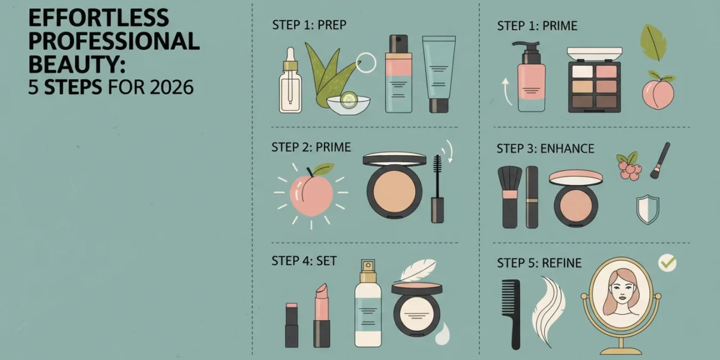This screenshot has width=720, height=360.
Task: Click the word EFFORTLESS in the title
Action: pos(98,18)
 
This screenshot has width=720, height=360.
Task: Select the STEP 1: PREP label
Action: pos(309,25)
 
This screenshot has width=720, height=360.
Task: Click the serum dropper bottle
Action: pos(290,80)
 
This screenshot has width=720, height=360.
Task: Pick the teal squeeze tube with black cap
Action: pos(439,74)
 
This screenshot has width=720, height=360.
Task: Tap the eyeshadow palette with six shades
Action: pos(595,80)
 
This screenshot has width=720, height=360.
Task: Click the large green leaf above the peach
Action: pos(653,43)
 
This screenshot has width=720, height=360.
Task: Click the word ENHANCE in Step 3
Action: pos(568,149)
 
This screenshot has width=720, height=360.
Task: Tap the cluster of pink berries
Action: pos(629,167)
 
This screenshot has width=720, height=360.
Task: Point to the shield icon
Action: pos(647,209)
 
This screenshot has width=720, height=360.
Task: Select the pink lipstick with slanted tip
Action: pos(322,315)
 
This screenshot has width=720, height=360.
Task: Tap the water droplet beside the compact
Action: pos(443,334)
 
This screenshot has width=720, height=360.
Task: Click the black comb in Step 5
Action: pos(511,314)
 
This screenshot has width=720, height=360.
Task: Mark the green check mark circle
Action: pos(667,263)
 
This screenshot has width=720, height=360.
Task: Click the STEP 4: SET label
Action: pos(304,260)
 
